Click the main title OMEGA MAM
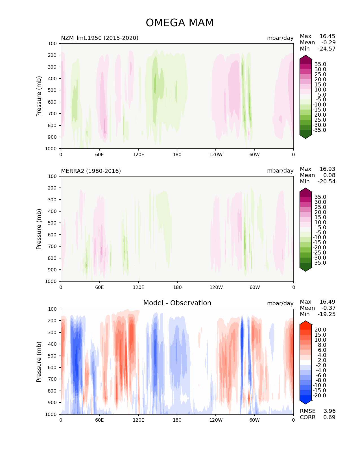[180, 23]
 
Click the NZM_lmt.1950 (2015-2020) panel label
[100, 38]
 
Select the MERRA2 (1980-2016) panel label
[91, 171]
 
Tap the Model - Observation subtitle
[177, 303]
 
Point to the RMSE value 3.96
[329, 411]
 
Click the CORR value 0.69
[329, 417]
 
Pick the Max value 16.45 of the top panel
[327, 36]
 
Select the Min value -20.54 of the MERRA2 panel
[326, 181]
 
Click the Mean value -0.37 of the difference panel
[328, 308]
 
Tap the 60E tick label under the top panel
[99, 154]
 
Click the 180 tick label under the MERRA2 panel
[177, 287]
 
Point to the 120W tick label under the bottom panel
[216, 420]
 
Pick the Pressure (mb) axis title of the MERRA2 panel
[39, 229]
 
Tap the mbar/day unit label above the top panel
[280, 38]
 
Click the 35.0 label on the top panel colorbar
[320, 64]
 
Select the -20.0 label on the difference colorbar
[319, 395]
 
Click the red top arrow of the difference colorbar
[306, 323]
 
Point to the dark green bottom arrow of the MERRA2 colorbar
[306, 269]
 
